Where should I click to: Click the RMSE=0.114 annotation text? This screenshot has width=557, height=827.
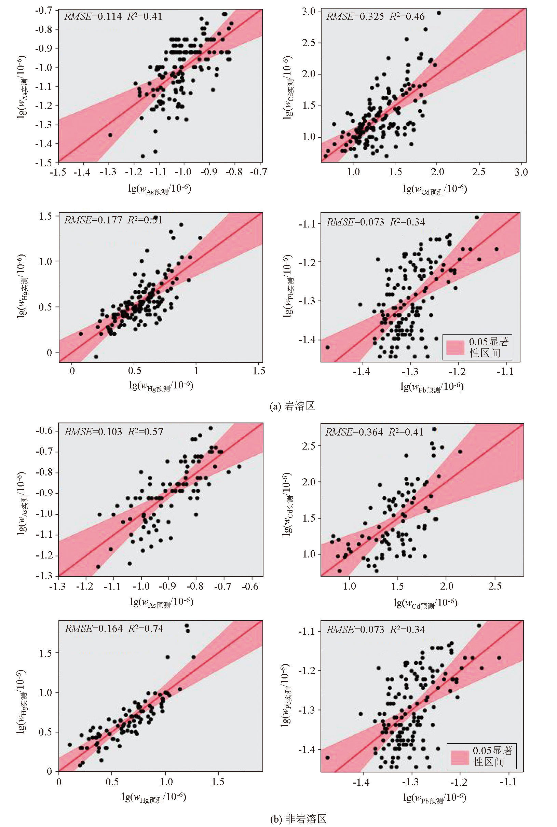click(93, 16)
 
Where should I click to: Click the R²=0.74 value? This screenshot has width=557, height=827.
click(146, 629)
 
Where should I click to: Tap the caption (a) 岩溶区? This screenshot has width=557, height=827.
click(292, 406)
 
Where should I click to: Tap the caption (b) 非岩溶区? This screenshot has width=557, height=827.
click(298, 819)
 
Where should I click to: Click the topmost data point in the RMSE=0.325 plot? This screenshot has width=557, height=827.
click(439, 13)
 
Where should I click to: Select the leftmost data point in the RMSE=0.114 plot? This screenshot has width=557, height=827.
click(110, 135)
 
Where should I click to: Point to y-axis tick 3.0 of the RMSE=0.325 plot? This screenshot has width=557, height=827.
click(309, 11)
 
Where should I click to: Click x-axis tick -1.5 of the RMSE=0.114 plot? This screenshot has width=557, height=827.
click(57, 172)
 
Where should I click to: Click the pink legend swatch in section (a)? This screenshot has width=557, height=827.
click(455, 347)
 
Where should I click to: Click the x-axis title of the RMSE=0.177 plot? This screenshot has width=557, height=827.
click(161, 386)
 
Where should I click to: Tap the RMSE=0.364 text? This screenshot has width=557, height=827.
click(354, 432)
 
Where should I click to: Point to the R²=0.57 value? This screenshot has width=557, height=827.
click(146, 432)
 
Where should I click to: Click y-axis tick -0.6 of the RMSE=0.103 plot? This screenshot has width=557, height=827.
click(44, 431)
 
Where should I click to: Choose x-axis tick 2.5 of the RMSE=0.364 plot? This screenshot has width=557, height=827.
click(494, 586)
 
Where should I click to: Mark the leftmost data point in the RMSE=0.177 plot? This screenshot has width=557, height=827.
click(81, 334)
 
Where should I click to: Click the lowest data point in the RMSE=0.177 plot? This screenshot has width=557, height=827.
click(96, 357)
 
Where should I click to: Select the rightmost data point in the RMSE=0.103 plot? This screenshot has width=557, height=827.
click(239, 467)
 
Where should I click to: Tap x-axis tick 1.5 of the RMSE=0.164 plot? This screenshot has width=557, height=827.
click(218, 782)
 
